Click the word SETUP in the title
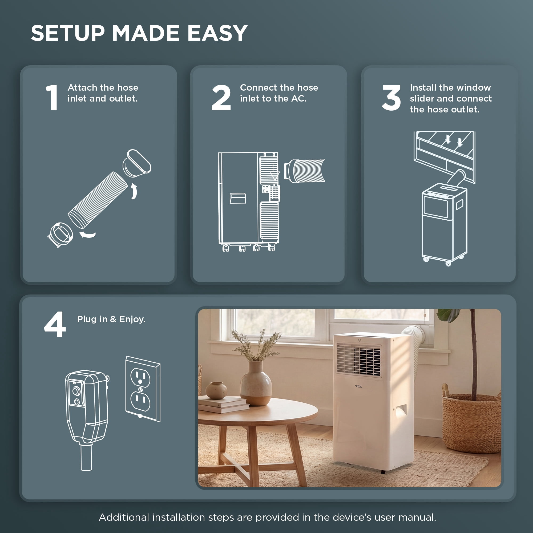(x=68, y=33)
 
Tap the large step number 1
(x=52, y=97)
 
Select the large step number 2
(x=221, y=97)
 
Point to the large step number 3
(x=391, y=98)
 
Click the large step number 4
(x=55, y=324)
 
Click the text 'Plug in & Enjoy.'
(x=111, y=319)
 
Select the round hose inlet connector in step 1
(x=60, y=235)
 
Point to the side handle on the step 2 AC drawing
(x=238, y=198)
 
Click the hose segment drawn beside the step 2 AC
(x=305, y=171)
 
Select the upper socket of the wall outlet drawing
(x=140, y=378)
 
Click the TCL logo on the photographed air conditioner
(x=359, y=386)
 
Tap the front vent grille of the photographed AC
(x=358, y=360)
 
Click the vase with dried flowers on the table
(x=256, y=383)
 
